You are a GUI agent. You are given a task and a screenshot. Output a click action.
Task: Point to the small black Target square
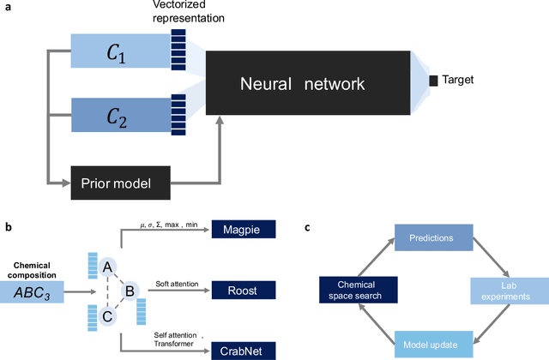434,81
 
